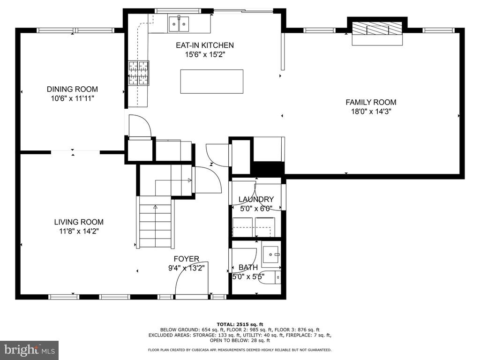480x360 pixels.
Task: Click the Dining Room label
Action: coord(72,89)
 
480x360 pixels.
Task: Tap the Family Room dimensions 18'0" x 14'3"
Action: coord(371,112)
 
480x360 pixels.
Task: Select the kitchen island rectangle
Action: coord(212,82)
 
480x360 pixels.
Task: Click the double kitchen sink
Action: coord(179,24)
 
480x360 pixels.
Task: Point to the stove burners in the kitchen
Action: coord(138,73)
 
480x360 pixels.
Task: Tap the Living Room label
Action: coord(79,222)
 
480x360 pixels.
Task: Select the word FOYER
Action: coord(187,259)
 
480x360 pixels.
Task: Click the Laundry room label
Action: coord(256,200)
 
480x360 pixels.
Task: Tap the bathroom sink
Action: coord(270,255)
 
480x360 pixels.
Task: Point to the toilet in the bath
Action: coord(273,277)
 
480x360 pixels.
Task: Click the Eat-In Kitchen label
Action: coord(205,45)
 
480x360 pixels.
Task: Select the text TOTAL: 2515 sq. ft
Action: coord(240,324)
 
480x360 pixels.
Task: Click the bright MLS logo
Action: coord(30,350)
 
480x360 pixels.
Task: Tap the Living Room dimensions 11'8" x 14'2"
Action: coord(79,231)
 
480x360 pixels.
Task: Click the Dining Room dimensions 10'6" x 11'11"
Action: coord(72,98)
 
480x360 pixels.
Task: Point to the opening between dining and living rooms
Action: coord(75,151)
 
